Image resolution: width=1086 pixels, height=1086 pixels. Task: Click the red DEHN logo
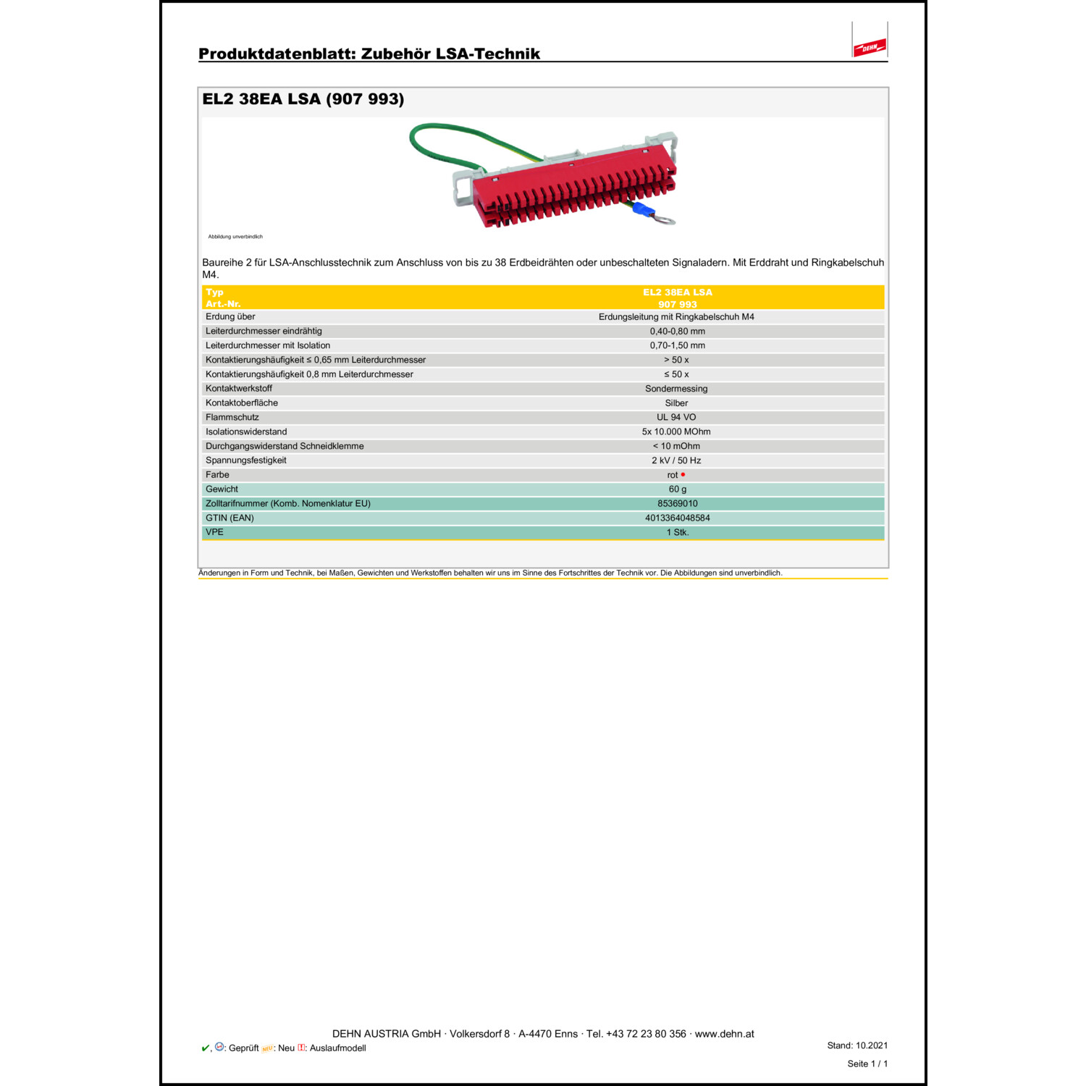pos(870,48)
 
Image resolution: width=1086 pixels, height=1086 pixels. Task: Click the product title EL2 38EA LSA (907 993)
pos(303,99)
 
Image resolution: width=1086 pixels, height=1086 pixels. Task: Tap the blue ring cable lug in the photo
pos(643,211)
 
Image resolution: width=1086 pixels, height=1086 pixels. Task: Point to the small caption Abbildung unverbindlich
pos(235,237)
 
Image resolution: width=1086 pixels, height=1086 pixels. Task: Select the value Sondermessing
pos(676,389)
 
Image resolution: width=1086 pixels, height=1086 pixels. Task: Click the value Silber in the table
pos(676,403)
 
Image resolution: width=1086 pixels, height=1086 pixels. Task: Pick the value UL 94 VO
pos(676,417)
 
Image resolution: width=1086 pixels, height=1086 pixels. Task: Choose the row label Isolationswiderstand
pos(246,432)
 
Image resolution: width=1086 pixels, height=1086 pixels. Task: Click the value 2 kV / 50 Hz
pos(676,460)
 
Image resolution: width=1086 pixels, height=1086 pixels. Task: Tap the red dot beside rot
pos(683,475)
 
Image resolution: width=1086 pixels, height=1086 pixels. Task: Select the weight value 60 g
pos(677,489)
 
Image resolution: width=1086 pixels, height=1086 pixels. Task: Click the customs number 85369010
pos(677,504)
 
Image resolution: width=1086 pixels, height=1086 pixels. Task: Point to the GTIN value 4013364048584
pos(677,518)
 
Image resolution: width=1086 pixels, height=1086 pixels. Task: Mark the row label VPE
pos(214,532)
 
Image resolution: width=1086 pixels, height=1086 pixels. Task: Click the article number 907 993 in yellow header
pos(677,305)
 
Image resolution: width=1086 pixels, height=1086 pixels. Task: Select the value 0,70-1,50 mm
pos(677,345)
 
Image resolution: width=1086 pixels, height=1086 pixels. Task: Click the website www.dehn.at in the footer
pos(724,1034)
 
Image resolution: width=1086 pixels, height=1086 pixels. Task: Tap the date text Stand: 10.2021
pos(857,1045)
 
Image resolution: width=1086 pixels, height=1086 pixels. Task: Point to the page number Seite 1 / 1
pos(867,1064)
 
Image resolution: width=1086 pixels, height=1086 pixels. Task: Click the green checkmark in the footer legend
pos(205,1048)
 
